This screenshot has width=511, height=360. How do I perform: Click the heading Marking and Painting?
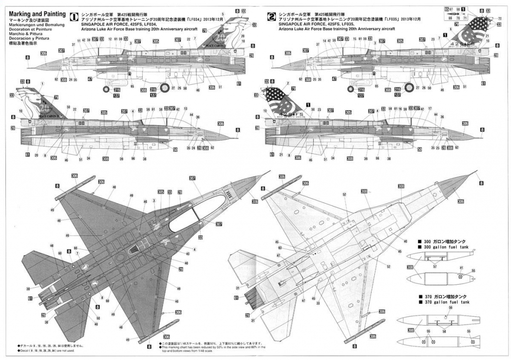click(x=36, y=13)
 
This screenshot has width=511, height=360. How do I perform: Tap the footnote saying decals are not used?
click(x=42, y=351)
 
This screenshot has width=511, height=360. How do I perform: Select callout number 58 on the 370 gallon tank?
click(x=444, y=331)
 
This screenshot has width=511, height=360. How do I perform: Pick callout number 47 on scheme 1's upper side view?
click(x=90, y=79)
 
